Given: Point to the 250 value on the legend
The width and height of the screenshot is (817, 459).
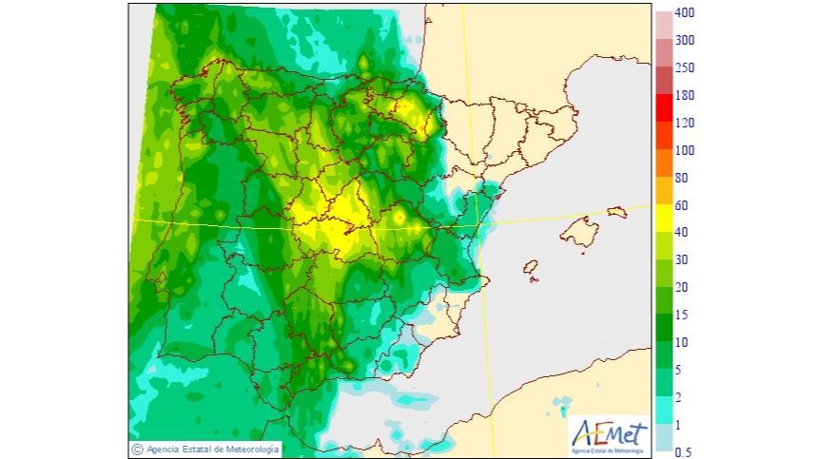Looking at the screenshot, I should (x=685, y=68).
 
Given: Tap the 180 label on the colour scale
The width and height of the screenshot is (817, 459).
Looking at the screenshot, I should (x=685, y=96).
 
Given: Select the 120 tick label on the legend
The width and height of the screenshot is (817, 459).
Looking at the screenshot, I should (x=685, y=124).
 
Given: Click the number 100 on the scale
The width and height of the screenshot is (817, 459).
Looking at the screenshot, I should (x=685, y=150).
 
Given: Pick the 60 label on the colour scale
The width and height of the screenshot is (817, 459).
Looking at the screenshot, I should (x=682, y=205).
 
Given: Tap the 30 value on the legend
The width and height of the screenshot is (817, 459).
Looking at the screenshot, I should (x=682, y=260).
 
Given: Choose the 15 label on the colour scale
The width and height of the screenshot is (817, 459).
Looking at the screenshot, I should (x=682, y=315).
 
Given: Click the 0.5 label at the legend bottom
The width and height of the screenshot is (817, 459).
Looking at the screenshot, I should (x=683, y=452).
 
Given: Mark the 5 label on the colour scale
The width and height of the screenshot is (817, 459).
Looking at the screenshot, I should (x=679, y=370).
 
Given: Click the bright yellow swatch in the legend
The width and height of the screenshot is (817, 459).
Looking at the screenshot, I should (x=664, y=219).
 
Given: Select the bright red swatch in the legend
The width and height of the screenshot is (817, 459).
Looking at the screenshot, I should (x=664, y=109).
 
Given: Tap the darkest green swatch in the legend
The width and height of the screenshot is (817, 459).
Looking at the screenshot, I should (x=664, y=328).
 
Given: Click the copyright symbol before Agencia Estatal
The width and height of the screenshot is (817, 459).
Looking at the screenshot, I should (x=138, y=449).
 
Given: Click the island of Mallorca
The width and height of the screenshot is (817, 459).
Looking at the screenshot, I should (x=582, y=231).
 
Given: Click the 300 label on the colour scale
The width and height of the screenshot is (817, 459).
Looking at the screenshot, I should (x=685, y=41).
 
